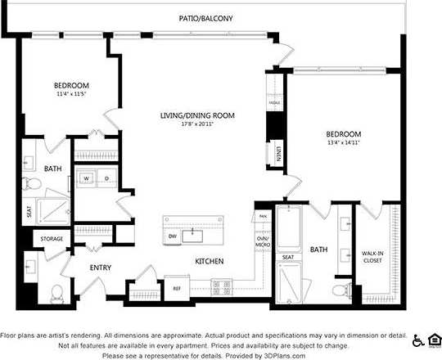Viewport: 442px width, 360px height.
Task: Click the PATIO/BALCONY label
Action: (x=205, y=17)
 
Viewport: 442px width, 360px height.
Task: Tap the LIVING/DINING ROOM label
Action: (x=197, y=116)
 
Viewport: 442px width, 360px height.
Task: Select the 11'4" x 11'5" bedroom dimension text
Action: (x=71, y=95)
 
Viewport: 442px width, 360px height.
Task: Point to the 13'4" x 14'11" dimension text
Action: (x=343, y=142)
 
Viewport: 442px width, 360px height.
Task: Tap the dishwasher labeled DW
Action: (x=173, y=236)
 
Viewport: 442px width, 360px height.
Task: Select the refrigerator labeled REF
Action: (x=176, y=287)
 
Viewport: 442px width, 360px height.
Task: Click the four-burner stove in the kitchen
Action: (x=222, y=286)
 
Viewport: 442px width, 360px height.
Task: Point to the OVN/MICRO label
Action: (x=263, y=242)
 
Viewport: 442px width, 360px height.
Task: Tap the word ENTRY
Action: (x=100, y=268)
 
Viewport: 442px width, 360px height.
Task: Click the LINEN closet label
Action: (x=278, y=153)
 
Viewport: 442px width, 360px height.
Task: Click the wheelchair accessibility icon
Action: (x=418, y=340)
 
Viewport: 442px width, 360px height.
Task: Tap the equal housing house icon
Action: (x=434, y=340)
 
